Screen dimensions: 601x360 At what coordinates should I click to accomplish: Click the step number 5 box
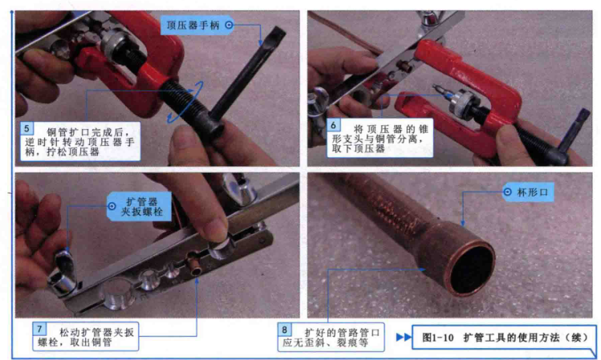[26, 128]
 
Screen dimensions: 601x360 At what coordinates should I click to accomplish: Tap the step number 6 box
[333, 125]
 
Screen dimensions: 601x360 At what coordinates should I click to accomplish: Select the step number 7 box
[39, 329]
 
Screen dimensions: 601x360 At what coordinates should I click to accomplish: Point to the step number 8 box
[284, 330]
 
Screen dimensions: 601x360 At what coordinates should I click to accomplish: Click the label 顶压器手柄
[193, 26]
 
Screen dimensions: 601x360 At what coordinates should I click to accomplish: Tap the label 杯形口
[532, 192]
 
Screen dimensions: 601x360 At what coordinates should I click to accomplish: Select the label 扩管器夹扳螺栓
[142, 206]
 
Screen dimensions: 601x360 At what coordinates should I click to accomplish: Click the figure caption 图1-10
[438, 338]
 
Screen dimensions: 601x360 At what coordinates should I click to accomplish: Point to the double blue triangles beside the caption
[404, 337]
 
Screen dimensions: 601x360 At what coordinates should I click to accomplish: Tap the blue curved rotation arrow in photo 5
[186, 103]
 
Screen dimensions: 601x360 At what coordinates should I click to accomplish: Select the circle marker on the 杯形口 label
[507, 192]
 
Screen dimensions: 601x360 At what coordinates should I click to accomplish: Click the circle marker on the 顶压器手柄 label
[229, 26]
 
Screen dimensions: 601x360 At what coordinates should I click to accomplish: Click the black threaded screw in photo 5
[187, 103]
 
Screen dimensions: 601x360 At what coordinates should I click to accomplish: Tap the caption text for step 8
[331, 338]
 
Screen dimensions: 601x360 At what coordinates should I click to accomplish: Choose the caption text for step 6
[380, 138]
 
